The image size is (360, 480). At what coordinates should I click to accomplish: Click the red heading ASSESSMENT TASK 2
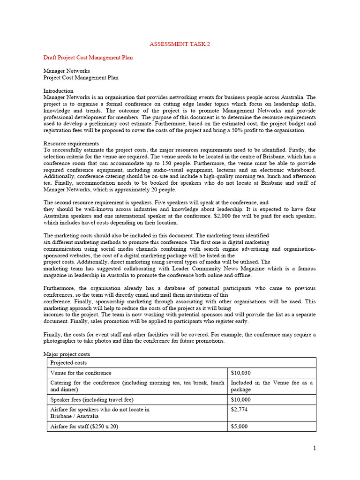point(180,44)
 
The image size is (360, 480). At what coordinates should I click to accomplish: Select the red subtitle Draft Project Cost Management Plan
point(88,58)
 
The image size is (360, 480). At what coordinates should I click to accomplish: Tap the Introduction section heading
point(58,91)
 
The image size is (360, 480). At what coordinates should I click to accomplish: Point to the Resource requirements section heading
point(71,143)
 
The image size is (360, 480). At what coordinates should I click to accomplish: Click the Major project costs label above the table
point(67,354)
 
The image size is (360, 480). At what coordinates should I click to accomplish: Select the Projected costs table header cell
point(68,363)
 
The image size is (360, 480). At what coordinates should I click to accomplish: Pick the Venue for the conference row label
point(81,373)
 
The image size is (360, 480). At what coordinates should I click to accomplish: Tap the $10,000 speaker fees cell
point(241,400)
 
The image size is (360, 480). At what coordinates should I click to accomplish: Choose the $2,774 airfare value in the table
point(239,410)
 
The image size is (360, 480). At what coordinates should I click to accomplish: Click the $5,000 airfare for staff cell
point(239,427)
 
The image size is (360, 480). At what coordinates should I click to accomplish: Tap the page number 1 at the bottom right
point(315,448)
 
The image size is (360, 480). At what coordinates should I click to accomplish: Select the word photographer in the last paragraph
point(62,341)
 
